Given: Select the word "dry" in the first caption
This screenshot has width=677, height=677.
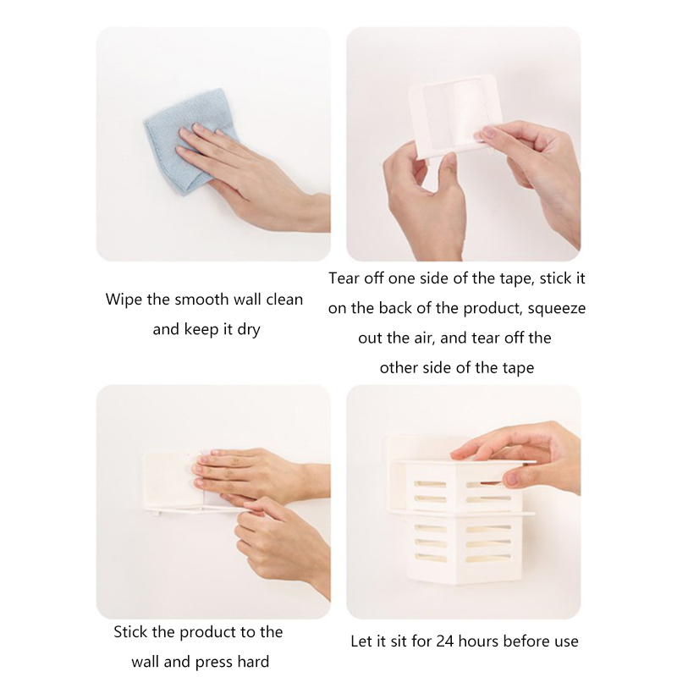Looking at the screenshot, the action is click(249, 330).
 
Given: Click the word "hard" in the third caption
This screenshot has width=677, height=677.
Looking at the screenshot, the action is click(253, 662).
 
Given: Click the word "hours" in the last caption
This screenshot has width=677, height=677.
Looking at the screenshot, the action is click(479, 641).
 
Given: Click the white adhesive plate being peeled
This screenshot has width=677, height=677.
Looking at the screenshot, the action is click(454, 117).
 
